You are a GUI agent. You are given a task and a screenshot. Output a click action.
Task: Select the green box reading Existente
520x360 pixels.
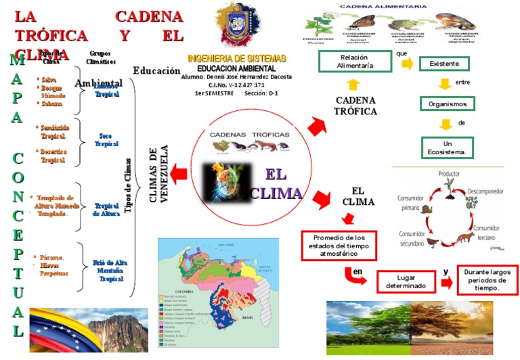pyautogui.click(x=444, y=64)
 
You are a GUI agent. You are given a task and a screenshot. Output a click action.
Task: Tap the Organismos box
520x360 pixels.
pyautogui.click(x=447, y=104)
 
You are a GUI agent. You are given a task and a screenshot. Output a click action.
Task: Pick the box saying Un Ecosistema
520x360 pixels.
pyautogui.click(x=447, y=148)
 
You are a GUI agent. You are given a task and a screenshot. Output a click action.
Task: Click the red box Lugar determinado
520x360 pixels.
pyautogui.click(x=406, y=282)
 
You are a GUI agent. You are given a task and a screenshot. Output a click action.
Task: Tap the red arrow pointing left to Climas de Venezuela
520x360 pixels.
pyautogui.click(x=179, y=175)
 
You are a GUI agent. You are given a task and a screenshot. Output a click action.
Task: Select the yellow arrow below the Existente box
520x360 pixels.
pyautogui.click(x=444, y=84)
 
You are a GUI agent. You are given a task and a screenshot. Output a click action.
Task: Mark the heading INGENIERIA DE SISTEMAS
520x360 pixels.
pyautogui.click(x=236, y=59)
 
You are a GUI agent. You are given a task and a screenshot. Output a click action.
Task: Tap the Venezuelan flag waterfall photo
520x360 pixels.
pyautogui.click(x=89, y=330)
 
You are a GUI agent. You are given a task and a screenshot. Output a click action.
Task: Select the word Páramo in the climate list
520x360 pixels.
pyautogui.click(x=52, y=257)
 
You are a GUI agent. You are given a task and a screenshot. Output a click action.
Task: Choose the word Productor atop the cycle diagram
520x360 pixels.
pyautogui.click(x=448, y=174)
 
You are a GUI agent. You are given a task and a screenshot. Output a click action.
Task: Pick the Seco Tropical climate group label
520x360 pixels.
pyautogui.click(x=106, y=139)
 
